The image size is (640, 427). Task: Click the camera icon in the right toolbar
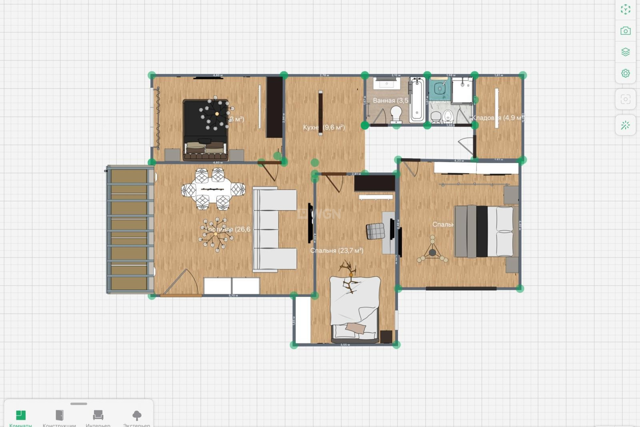click(625, 31)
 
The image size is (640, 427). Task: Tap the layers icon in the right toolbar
click(625, 52)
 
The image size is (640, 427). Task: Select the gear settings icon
click(625, 73)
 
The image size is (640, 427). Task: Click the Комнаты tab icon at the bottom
click(21, 415)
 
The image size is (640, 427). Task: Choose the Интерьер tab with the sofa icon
click(98, 415)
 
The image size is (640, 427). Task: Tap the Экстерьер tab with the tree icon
click(137, 415)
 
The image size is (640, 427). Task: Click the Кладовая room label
click(497, 118)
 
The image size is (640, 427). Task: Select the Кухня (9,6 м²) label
click(324, 127)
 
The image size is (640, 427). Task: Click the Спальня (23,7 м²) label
click(337, 251)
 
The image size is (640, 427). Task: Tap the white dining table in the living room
click(213, 189)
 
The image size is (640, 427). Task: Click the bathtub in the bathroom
click(417, 99)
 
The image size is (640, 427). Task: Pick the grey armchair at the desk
click(375, 231)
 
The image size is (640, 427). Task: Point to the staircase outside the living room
click(129, 230)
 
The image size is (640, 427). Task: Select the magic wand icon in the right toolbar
click(625, 125)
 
